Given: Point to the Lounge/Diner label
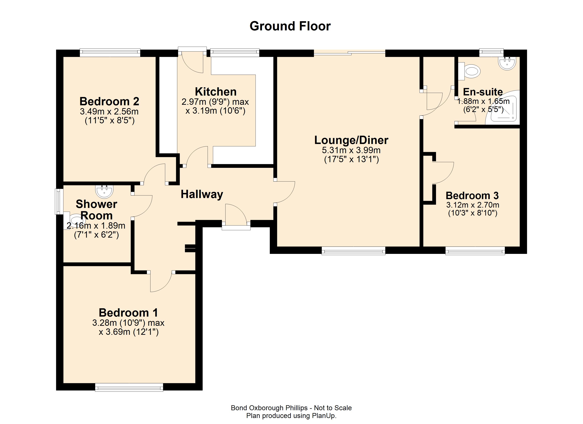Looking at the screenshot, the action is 351,140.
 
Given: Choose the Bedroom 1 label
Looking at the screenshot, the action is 128,313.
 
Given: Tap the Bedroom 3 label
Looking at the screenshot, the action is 472,196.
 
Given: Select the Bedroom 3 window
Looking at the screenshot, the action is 475,251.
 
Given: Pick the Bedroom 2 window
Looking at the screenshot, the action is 110,53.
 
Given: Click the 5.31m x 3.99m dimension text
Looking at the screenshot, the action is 351,150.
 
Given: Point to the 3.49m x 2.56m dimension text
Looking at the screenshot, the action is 109,112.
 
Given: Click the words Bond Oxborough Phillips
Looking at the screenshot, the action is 269,408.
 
